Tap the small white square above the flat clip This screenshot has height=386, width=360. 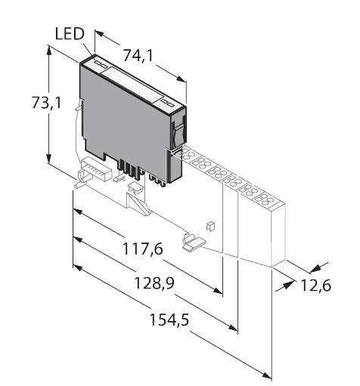210,225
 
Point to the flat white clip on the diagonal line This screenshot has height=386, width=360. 194,242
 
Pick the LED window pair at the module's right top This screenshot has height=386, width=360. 169,102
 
